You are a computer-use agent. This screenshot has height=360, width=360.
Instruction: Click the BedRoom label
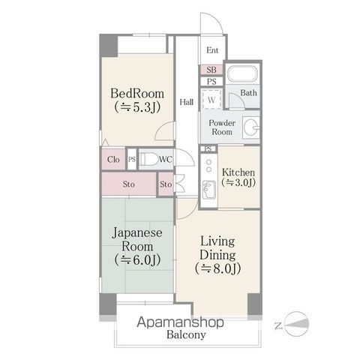coord(136,94)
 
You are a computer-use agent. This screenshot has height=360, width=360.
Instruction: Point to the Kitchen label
coord(239,172)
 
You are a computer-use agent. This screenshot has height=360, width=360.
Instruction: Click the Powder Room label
coord(220,127)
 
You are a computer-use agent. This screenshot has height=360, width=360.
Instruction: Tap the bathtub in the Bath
coord(241,76)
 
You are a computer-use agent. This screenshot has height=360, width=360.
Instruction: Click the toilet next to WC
coord(148,159)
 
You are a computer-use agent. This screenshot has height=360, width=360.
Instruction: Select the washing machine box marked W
coord(212,99)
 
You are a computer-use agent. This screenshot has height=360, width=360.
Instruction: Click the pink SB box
coord(211,70)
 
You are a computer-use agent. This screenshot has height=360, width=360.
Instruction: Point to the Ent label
coord(212,51)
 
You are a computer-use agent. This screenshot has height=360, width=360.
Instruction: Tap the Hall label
coord(187,101)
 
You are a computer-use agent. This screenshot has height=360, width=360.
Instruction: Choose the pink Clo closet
coord(113,159)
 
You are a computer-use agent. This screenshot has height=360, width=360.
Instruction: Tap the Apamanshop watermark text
coord(181,323)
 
